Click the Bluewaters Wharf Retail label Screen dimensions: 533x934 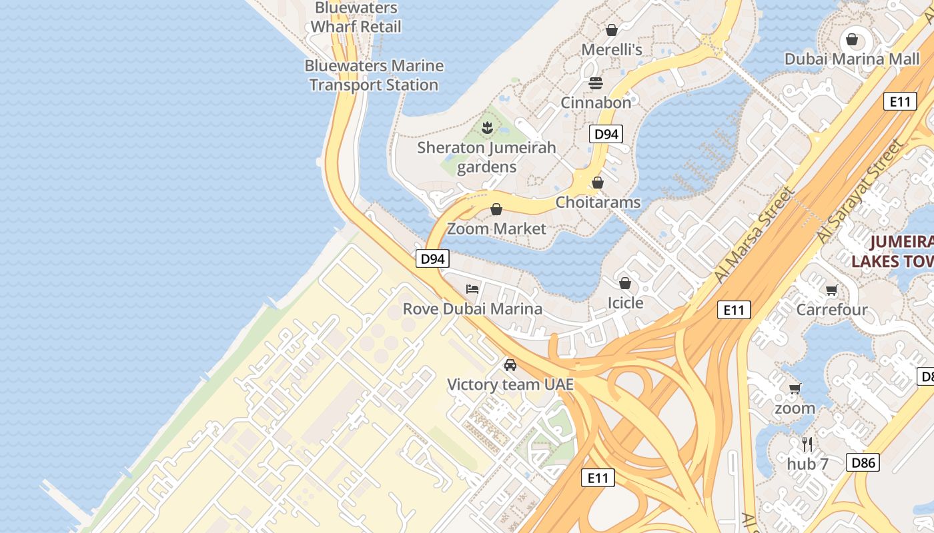(356, 17)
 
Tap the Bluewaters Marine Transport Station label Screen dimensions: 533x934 (374, 75)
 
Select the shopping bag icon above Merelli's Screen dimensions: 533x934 (611, 30)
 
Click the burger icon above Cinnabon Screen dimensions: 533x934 (596, 83)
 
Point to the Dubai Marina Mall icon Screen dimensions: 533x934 (851, 39)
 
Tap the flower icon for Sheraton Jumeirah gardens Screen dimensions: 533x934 (487, 127)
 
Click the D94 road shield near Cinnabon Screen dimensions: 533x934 (606, 134)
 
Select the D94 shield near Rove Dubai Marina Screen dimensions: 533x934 (432, 259)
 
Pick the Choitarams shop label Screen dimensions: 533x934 (598, 203)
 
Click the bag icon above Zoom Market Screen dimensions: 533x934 (496, 210)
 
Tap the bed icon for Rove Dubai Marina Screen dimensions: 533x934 (472, 289)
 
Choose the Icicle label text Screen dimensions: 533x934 (625, 303)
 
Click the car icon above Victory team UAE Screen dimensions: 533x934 (510, 365)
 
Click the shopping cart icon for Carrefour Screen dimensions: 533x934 (831, 290)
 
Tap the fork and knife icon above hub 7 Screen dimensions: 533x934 (807, 444)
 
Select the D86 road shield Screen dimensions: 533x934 (863, 462)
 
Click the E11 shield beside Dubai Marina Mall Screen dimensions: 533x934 (900, 101)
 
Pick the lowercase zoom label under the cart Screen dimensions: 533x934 (795, 408)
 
